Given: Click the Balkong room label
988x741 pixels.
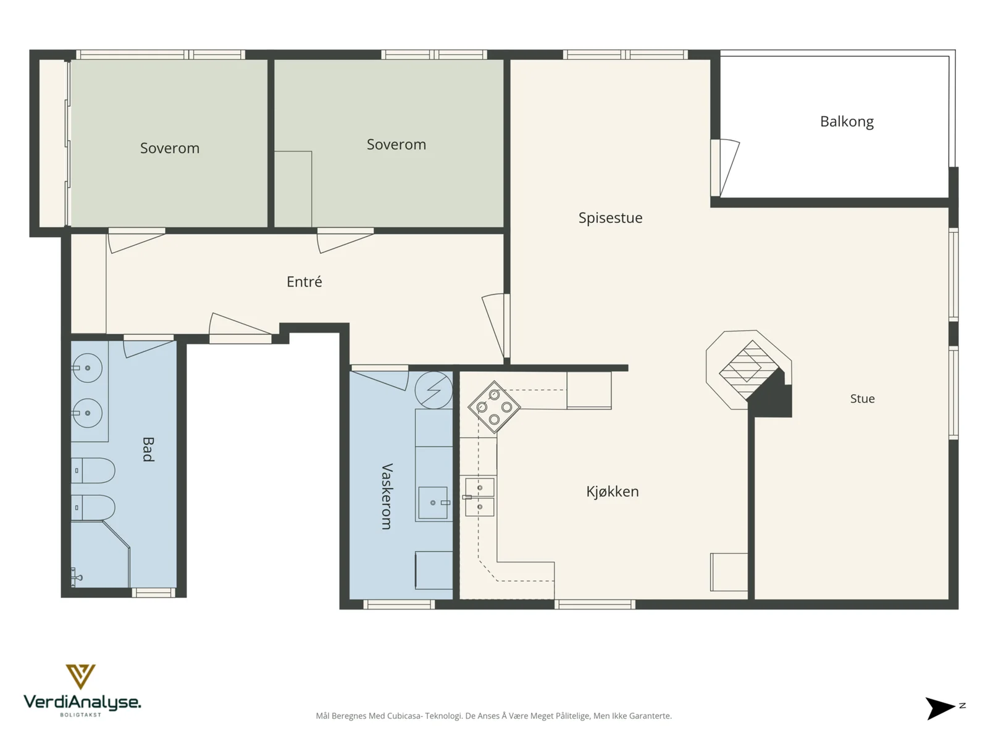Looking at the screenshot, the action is coord(846,122).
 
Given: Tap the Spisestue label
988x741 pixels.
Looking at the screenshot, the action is coord(610,218).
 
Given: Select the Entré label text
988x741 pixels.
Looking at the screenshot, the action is coord(304,282).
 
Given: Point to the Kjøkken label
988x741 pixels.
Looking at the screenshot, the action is coord(612,492).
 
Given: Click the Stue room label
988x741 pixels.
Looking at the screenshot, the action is coord(862,399).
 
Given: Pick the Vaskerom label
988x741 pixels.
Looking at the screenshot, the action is coord(387,496).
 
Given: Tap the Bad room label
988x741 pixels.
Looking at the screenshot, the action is coord(148,449).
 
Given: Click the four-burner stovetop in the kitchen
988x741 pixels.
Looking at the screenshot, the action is coord(494,407).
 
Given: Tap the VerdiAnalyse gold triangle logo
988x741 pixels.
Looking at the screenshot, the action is coord(80,676).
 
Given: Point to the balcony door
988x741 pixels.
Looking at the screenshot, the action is coord(725,168).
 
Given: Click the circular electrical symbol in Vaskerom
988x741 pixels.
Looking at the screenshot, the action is coord(433,390).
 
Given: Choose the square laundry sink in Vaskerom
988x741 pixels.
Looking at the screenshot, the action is coord(433,503).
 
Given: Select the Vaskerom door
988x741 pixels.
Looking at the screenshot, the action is coord(380,377).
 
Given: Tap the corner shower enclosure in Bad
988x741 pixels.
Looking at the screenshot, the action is coord(101,555).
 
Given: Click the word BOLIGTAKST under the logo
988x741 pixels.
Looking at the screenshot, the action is coord(80,714).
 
